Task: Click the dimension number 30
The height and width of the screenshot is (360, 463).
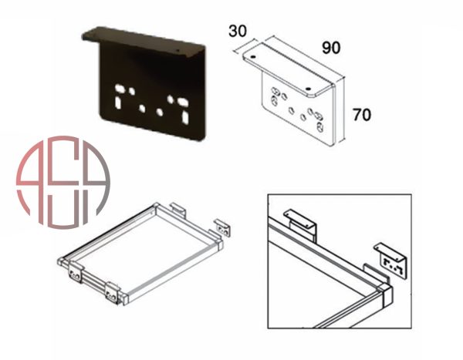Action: point(238,31)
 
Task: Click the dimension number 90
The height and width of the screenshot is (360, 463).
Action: point(331,48)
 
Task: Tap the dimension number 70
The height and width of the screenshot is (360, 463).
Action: point(362,115)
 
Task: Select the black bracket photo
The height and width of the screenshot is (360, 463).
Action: point(144,83)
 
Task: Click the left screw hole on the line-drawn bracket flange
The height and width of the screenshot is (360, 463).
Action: point(253,56)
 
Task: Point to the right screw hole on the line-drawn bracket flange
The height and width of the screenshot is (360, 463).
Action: point(309,88)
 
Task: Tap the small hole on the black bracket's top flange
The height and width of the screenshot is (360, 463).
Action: point(177,50)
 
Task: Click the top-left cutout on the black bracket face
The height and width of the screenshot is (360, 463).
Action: point(120,88)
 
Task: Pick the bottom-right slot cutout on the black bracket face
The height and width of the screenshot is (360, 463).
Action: point(186,117)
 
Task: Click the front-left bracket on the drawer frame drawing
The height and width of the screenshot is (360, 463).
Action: point(75,273)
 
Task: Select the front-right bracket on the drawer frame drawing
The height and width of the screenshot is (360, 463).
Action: point(113,293)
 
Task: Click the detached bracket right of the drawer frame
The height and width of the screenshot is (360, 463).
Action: point(223,227)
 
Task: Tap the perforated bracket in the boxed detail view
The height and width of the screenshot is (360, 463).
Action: point(392,260)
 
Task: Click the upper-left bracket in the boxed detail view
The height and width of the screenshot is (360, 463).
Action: point(300,225)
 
